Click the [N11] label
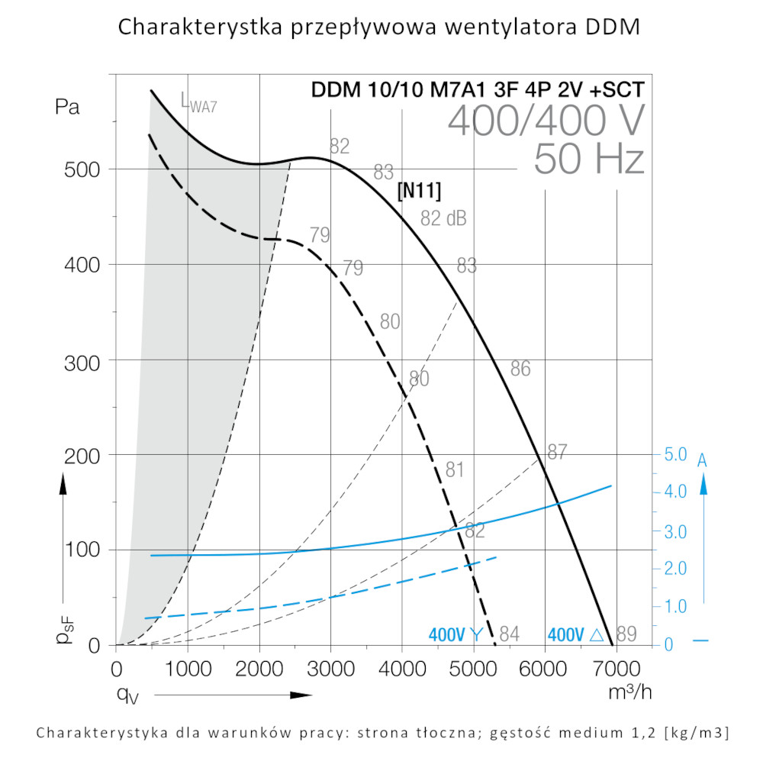coord(420,190)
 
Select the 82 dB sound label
coord(443,218)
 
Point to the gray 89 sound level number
coord(626,634)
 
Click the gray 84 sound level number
coord(509,634)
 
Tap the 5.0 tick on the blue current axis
coord(676,455)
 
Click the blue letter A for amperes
coord(703,460)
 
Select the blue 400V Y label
coord(456,634)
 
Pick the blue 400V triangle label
coord(576,634)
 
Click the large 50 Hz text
coord(589,159)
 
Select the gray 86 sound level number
coord(520,369)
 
